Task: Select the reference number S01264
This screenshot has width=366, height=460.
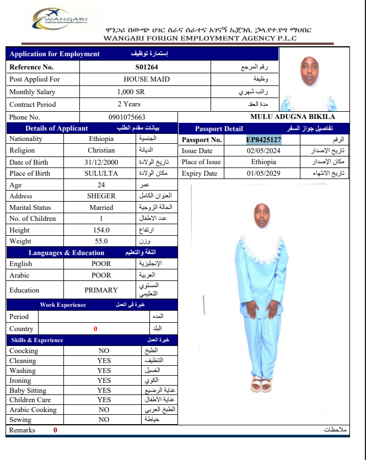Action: [146, 67]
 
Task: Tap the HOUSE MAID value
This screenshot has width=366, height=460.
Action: [146, 79]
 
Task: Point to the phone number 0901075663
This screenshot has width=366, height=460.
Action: [127, 117]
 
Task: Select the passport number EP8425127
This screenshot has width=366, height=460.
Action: [263, 140]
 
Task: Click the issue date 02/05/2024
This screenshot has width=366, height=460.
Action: [264, 151]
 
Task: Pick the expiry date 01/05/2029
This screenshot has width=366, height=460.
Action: [264, 174]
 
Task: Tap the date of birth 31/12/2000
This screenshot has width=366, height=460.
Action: [101, 163]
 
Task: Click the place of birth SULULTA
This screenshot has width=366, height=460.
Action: [101, 174]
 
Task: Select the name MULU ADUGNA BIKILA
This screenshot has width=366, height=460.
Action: [292, 117]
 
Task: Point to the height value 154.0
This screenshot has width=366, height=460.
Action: [101, 230]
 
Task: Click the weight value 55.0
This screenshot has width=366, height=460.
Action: [101, 241]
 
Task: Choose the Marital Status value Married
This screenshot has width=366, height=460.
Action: [101, 208]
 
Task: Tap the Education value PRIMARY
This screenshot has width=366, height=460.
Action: [101, 290]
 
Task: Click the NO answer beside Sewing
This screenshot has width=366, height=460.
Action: [104, 420]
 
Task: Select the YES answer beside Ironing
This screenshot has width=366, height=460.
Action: [104, 381]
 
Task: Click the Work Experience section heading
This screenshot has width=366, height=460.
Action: [63, 305]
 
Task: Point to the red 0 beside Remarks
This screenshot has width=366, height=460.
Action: [55, 430]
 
